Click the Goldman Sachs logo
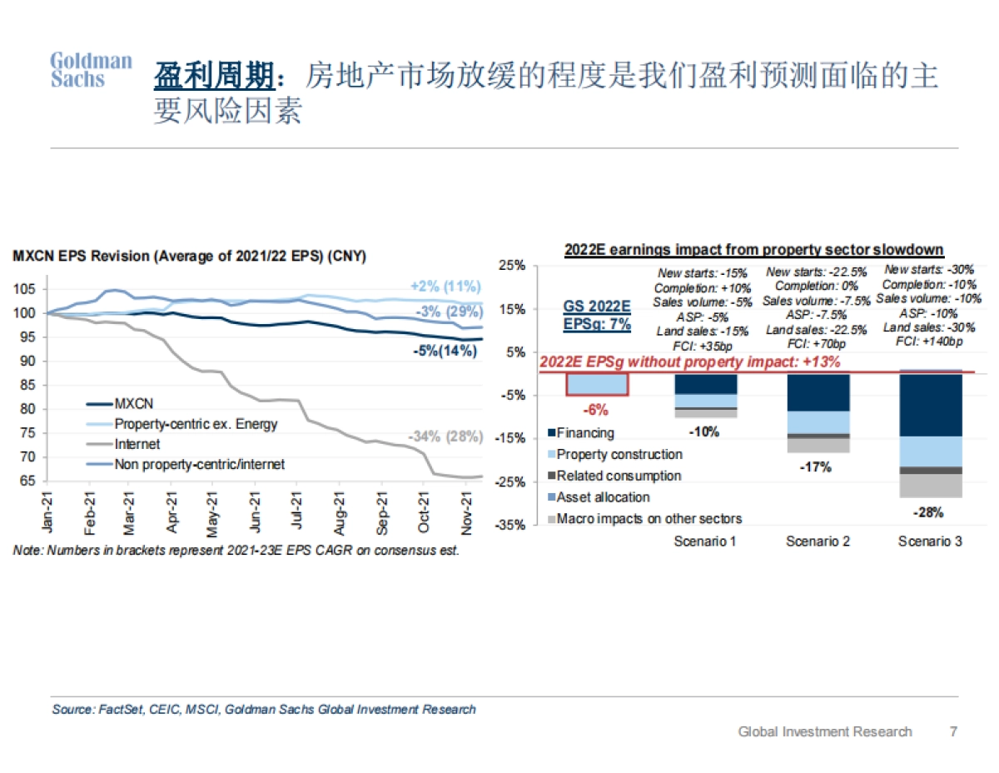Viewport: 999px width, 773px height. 91,71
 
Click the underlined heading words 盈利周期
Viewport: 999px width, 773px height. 214,77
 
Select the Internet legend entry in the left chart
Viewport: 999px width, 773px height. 137,444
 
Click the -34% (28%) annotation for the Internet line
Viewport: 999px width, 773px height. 445,436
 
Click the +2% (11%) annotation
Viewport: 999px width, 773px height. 446,287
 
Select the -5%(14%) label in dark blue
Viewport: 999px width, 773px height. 445,351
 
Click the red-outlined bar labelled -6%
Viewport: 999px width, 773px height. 596,383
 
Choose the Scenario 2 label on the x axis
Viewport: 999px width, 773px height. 818,541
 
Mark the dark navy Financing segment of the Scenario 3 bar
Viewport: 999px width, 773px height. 931,404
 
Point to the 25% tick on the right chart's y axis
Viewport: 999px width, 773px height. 511,266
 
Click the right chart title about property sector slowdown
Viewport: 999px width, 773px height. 753,249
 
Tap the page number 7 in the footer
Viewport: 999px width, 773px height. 953,731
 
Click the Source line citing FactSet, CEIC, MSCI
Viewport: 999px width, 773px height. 264,709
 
